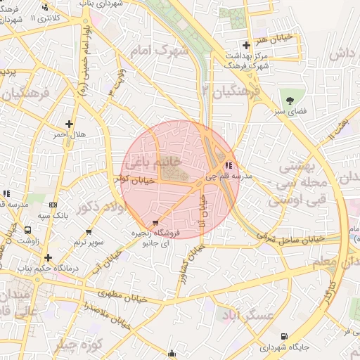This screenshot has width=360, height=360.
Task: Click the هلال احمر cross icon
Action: [69, 124]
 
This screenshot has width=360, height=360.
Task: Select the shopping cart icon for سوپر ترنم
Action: [89, 231]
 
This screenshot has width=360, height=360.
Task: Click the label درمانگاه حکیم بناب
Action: [47, 269]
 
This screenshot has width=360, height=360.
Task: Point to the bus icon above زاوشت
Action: [27, 230]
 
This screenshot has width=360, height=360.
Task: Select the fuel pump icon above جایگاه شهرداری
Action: [284, 337]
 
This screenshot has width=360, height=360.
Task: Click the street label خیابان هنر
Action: [274, 35]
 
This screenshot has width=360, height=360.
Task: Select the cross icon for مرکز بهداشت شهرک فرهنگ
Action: [245, 45]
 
